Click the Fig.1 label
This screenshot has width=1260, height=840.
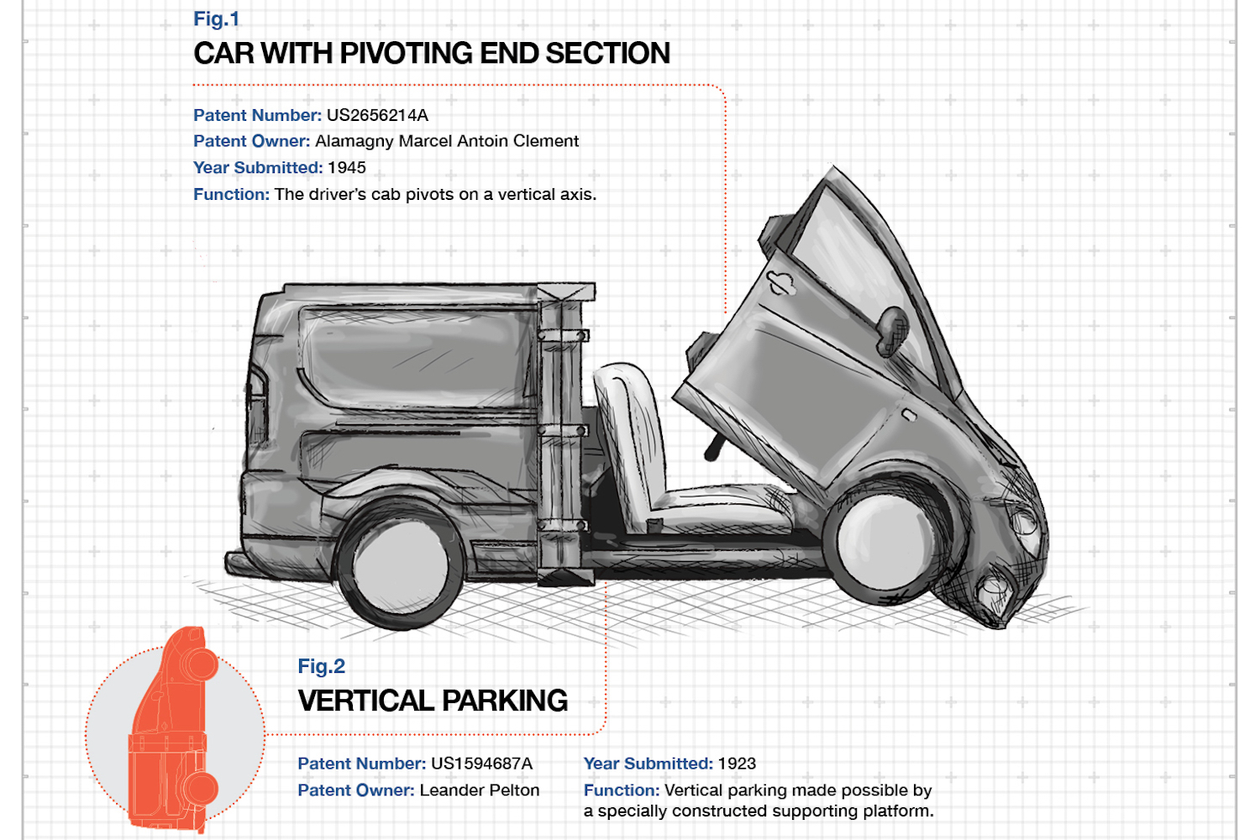(x=217, y=19)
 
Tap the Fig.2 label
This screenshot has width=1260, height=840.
(x=321, y=666)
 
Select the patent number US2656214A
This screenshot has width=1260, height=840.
(x=377, y=115)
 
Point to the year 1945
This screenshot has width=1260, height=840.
(x=346, y=168)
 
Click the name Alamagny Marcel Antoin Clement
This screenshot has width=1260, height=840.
(x=447, y=141)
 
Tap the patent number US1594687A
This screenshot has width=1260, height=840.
(x=481, y=764)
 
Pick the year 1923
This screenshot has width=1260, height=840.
(x=737, y=764)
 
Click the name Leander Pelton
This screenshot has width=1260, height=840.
(x=480, y=790)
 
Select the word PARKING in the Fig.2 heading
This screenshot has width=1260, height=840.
(x=505, y=701)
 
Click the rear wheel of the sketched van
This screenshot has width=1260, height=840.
(x=401, y=564)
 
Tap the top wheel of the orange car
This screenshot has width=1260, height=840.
(x=200, y=664)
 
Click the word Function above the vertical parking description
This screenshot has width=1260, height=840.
(x=622, y=790)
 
